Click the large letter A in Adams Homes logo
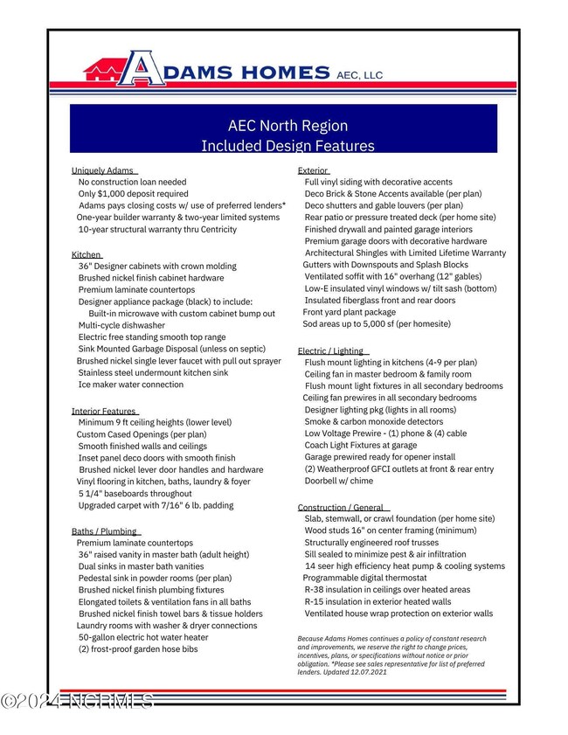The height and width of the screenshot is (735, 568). (x=142, y=69)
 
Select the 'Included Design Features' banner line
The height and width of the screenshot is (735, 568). (x=287, y=145)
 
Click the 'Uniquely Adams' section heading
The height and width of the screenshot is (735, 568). (x=102, y=170)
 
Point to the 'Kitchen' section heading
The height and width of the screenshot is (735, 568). (x=86, y=254)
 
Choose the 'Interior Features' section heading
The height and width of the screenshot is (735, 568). (x=103, y=411)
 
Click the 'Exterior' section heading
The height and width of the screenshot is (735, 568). (x=313, y=170)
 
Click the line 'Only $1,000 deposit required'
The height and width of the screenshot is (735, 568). (x=133, y=194)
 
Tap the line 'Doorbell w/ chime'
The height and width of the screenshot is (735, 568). (x=338, y=481)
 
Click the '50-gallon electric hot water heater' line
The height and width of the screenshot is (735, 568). (x=143, y=637)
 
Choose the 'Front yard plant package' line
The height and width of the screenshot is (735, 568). (x=349, y=312)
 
